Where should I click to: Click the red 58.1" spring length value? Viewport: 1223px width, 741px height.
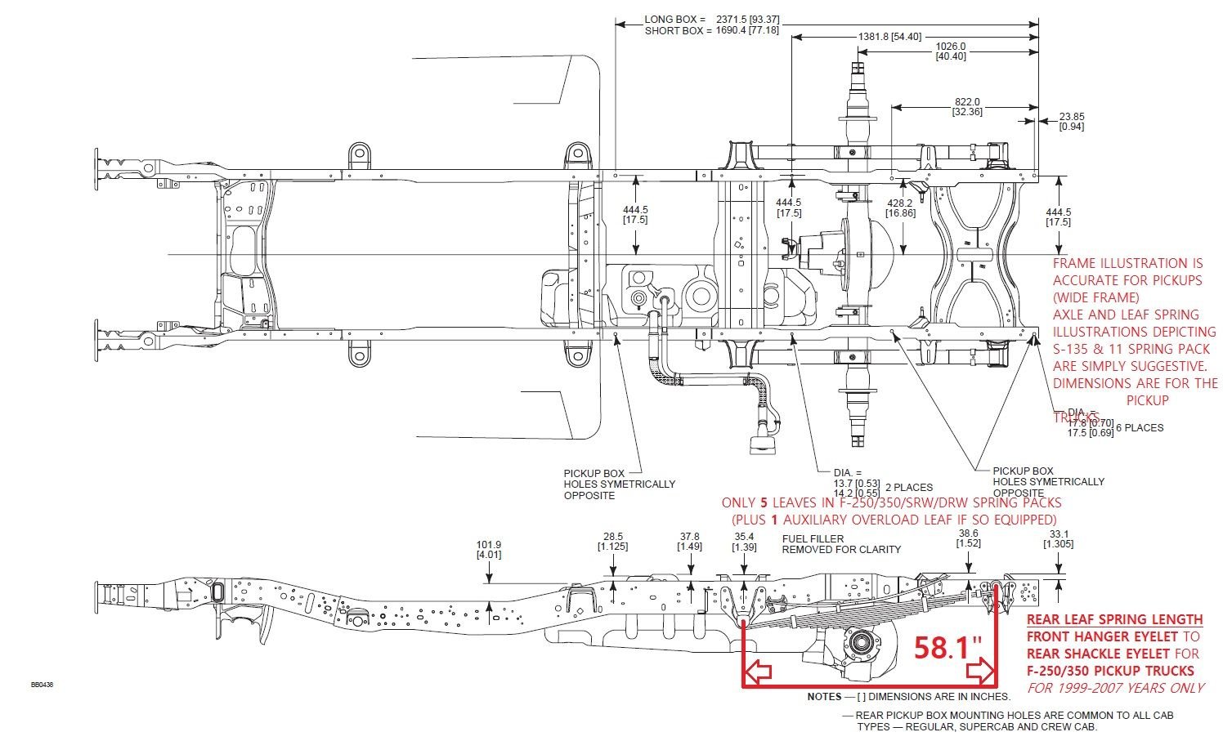point(948,648)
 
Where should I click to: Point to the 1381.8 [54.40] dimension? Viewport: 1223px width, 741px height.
point(889,37)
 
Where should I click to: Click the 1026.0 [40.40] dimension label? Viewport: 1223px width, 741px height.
point(950,51)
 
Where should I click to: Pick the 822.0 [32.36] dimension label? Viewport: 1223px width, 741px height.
point(967,107)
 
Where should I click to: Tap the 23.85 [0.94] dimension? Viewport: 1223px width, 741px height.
point(1071,121)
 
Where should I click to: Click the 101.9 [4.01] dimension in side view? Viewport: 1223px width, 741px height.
point(489,550)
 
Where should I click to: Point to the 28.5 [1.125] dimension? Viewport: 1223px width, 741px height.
point(612,541)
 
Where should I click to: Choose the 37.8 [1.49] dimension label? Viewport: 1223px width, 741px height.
point(690,541)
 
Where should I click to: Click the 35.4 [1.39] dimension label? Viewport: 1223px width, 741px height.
point(744,541)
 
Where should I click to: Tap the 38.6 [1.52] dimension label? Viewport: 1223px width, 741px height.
point(968,538)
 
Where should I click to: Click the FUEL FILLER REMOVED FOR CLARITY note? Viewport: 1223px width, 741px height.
point(840,544)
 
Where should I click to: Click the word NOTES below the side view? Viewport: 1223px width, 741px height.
point(824,697)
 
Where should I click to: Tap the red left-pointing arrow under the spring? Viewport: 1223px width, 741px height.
point(759,672)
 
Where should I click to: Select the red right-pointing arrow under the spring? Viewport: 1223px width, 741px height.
point(979,672)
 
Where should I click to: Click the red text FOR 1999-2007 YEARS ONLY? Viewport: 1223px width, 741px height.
point(1115,688)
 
